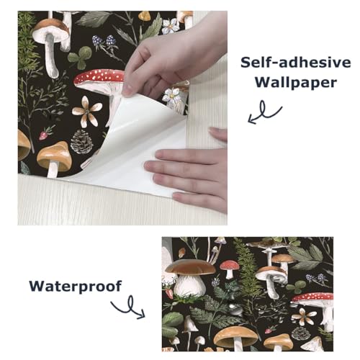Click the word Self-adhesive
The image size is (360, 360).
pos(296,63)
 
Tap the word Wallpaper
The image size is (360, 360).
pos(295,83)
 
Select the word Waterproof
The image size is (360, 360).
pos(75,287)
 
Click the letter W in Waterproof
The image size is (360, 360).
pos(37,286)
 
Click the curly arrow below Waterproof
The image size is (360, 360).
pos(130,308)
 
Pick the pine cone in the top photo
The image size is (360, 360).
pos(82,142)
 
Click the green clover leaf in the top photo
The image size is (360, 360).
pos(80,57)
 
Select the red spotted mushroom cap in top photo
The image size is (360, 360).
pos(99,76)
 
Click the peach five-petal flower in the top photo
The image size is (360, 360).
pos(87,111)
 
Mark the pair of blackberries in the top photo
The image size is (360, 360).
pos(104,42)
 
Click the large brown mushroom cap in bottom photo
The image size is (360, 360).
pos(190,267)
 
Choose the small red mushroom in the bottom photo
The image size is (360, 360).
pos(230,268)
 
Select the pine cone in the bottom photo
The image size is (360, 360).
pos(301,333)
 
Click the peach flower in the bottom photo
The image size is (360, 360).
pos(304,316)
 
